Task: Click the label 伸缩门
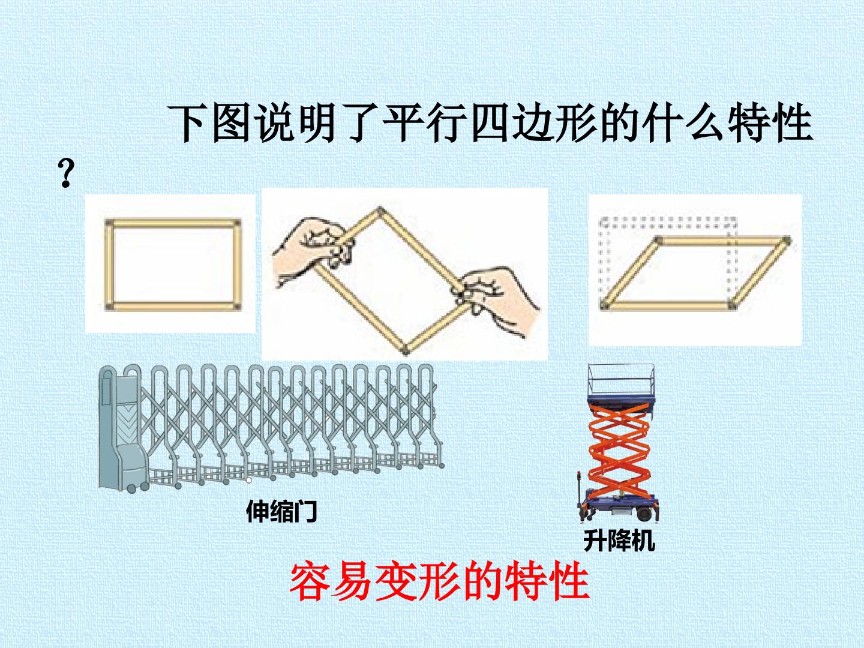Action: coord(281,511)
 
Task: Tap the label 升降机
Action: coord(619,541)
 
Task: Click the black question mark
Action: coord(66,173)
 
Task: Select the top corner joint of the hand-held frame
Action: coord(380,211)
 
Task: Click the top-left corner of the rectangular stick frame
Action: coord(109,223)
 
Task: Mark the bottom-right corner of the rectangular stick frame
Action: coord(236,307)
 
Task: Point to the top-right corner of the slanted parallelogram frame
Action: coord(787,241)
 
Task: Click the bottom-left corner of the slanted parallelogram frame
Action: coord(605,306)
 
